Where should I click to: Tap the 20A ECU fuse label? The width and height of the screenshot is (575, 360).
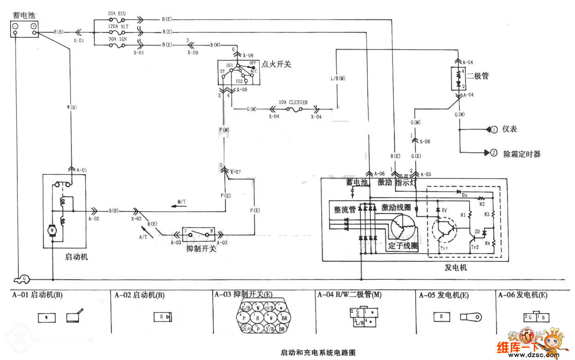[x=117, y=14]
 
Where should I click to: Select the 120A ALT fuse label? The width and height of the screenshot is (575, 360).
[x=118, y=27]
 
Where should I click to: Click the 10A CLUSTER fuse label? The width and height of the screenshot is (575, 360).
[x=293, y=103]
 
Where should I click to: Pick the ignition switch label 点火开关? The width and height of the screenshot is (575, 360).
[x=276, y=65]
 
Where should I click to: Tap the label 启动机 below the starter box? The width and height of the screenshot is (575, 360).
[x=77, y=257]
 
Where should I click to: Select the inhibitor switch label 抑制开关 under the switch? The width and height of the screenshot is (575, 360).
[x=201, y=249]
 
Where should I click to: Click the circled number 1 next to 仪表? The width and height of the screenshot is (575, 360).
[x=494, y=129]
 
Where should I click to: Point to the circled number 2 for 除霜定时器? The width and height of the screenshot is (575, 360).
[x=494, y=153]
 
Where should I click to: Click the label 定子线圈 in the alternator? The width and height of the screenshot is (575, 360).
[x=403, y=246]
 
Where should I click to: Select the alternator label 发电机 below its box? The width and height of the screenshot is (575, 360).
[x=456, y=267]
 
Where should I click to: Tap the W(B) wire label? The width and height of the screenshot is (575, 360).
[x=71, y=109]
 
